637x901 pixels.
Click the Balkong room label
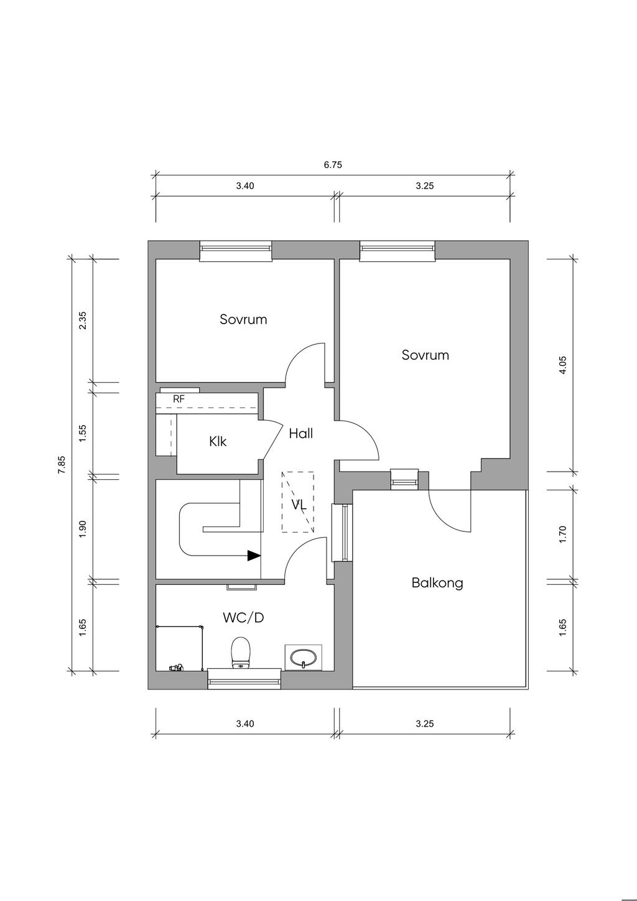437,583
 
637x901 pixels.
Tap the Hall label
300,434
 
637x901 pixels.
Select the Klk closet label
218,442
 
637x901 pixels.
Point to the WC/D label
243,618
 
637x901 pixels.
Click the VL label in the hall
299,505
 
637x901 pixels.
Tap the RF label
179,399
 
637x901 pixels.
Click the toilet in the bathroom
240,653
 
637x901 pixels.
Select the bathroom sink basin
304,658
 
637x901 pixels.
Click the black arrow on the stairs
253,556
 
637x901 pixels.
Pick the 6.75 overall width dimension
333,165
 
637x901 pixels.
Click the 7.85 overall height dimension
61,465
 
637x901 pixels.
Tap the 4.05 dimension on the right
563,365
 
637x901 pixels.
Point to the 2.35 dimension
83,320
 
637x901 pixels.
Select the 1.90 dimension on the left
83,529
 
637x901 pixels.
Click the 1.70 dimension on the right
563,535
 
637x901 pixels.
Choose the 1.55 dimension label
83,432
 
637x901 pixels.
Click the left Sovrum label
243,319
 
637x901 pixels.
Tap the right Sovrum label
425,355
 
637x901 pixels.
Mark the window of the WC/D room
244,683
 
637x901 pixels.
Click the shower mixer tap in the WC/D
177,668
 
